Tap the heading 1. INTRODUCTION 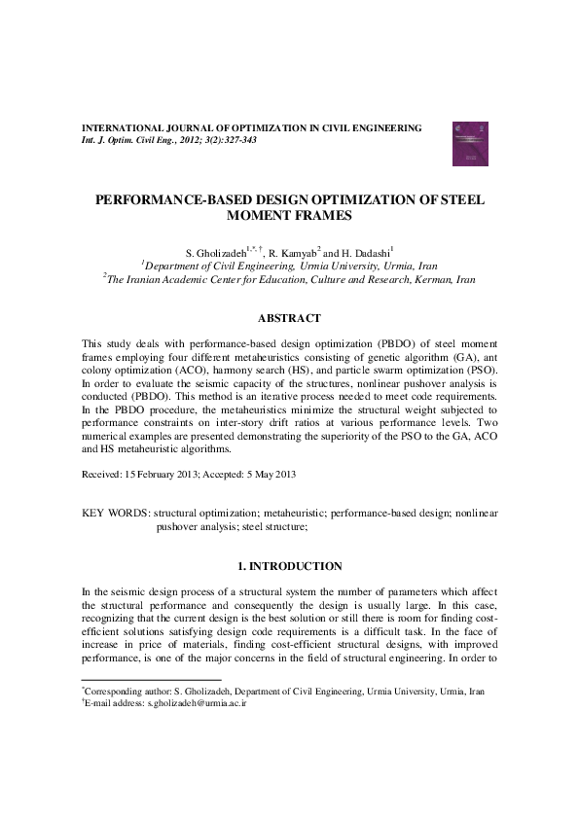(290, 566)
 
